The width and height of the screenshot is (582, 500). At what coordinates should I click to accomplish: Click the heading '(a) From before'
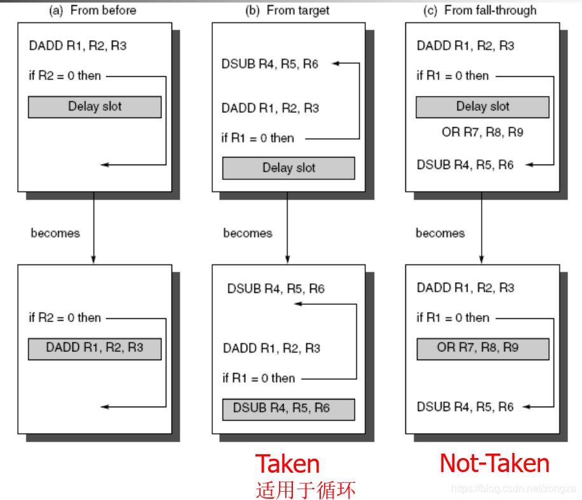[93, 10]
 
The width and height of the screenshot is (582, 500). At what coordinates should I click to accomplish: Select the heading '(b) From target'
[287, 10]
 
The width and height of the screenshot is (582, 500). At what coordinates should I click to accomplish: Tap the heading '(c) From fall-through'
[481, 10]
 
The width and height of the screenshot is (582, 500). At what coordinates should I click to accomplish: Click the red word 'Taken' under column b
[287, 464]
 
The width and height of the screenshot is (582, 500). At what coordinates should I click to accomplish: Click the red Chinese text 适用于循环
[306, 490]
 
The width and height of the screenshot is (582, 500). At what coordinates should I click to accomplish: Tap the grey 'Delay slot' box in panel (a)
[95, 107]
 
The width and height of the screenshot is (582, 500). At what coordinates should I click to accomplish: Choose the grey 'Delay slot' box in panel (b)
[288, 168]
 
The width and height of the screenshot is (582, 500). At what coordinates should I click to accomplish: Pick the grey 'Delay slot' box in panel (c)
[482, 107]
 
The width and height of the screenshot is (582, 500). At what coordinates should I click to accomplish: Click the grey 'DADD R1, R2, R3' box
[95, 348]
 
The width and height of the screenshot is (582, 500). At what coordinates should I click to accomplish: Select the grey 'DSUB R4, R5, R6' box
[288, 409]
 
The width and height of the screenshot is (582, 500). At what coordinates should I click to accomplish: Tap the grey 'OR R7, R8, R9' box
[482, 348]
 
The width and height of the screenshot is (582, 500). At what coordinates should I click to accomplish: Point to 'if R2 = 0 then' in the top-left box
[65, 76]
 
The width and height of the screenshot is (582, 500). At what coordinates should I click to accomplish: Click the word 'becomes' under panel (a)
[55, 233]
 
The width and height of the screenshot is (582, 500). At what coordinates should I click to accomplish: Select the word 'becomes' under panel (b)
[248, 233]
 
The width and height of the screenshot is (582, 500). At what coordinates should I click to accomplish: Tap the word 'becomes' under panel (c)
[440, 233]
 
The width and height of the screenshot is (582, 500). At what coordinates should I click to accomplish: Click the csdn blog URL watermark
[513, 489]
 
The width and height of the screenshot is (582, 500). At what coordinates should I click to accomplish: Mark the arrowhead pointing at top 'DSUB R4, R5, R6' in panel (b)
[335, 64]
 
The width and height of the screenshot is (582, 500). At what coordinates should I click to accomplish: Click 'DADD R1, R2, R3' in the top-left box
[77, 46]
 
